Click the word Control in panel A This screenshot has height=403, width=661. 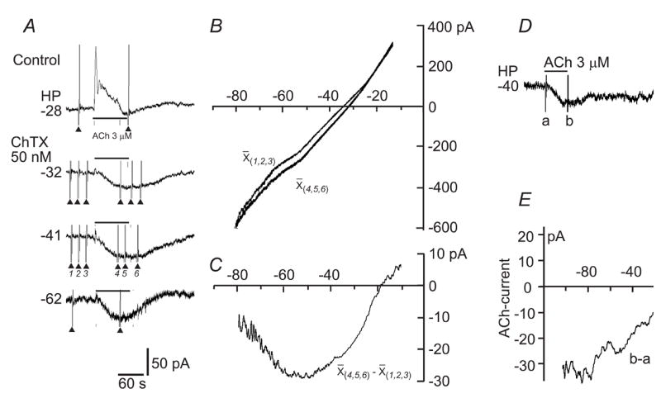click(36, 59)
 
